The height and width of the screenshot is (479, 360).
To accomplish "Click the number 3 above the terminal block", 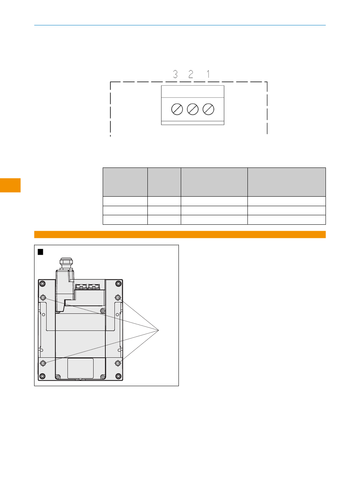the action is pos(175,74).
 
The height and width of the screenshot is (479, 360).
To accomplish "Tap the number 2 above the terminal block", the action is pos(191,74).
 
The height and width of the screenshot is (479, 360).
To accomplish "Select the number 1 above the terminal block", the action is pos(208,74).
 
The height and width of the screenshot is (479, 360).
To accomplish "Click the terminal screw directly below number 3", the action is pos(177,109).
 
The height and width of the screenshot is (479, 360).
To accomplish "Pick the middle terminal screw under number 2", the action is pos(193,109).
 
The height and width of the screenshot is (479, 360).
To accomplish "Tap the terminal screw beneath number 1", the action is pos(208,109).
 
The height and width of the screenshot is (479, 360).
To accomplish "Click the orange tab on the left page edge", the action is pos(10,185).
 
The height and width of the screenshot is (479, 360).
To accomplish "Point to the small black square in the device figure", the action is pos(41,252).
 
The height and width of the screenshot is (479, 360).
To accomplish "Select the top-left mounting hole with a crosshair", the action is pos(43,297).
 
